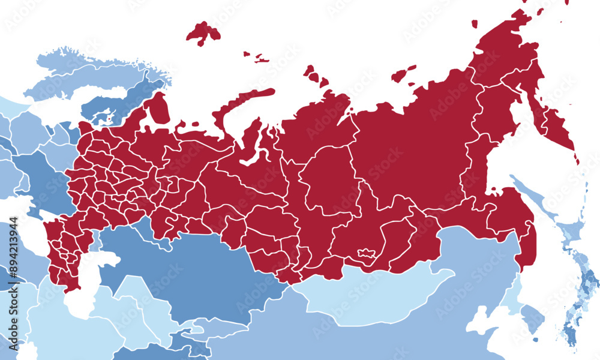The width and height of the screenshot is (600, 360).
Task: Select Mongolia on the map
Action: [x=372, y=294]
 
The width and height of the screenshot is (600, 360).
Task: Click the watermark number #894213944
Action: [x=13, y=258]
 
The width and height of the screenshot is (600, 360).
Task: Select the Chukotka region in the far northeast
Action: [x=504, y=54]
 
